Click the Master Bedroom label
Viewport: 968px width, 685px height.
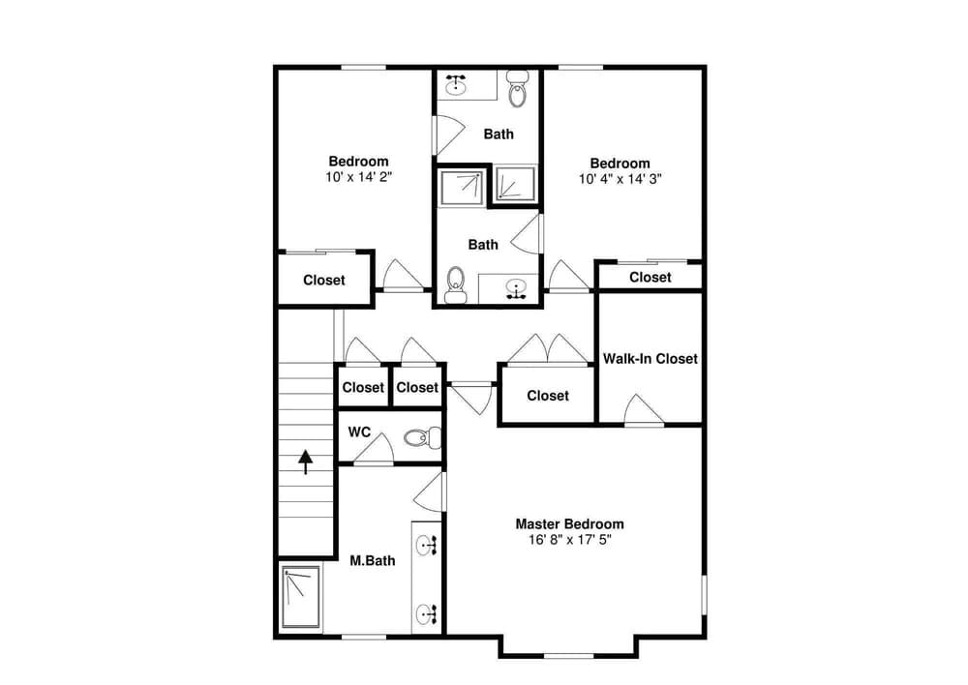point(569,524)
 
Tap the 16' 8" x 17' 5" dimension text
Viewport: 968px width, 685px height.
point(569,540)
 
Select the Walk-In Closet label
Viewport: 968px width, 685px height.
point(650,359)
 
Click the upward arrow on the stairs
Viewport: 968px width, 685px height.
point(306,462)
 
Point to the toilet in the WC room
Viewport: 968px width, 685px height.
point(422,437)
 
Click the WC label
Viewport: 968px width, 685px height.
point(359,432)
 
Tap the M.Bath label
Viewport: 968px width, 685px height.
point(373,561)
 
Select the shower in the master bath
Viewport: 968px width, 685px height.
point(301,597)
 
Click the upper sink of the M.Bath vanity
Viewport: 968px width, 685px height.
point(427,544)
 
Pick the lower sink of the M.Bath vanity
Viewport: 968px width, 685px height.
point(427,613)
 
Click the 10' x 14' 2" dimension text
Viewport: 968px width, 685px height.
point(359,177)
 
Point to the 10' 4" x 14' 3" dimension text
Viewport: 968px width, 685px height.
point(620,179)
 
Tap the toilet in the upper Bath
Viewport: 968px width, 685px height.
point(517,89)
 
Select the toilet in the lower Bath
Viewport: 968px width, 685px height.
point(456,284)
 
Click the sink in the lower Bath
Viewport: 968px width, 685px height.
point(516,288)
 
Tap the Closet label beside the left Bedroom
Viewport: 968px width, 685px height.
point(324,281)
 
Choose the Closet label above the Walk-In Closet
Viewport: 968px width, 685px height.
point(650,277)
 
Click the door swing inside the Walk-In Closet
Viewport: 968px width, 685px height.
point(644,409)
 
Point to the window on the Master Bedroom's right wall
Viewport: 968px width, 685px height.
point(705,594)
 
